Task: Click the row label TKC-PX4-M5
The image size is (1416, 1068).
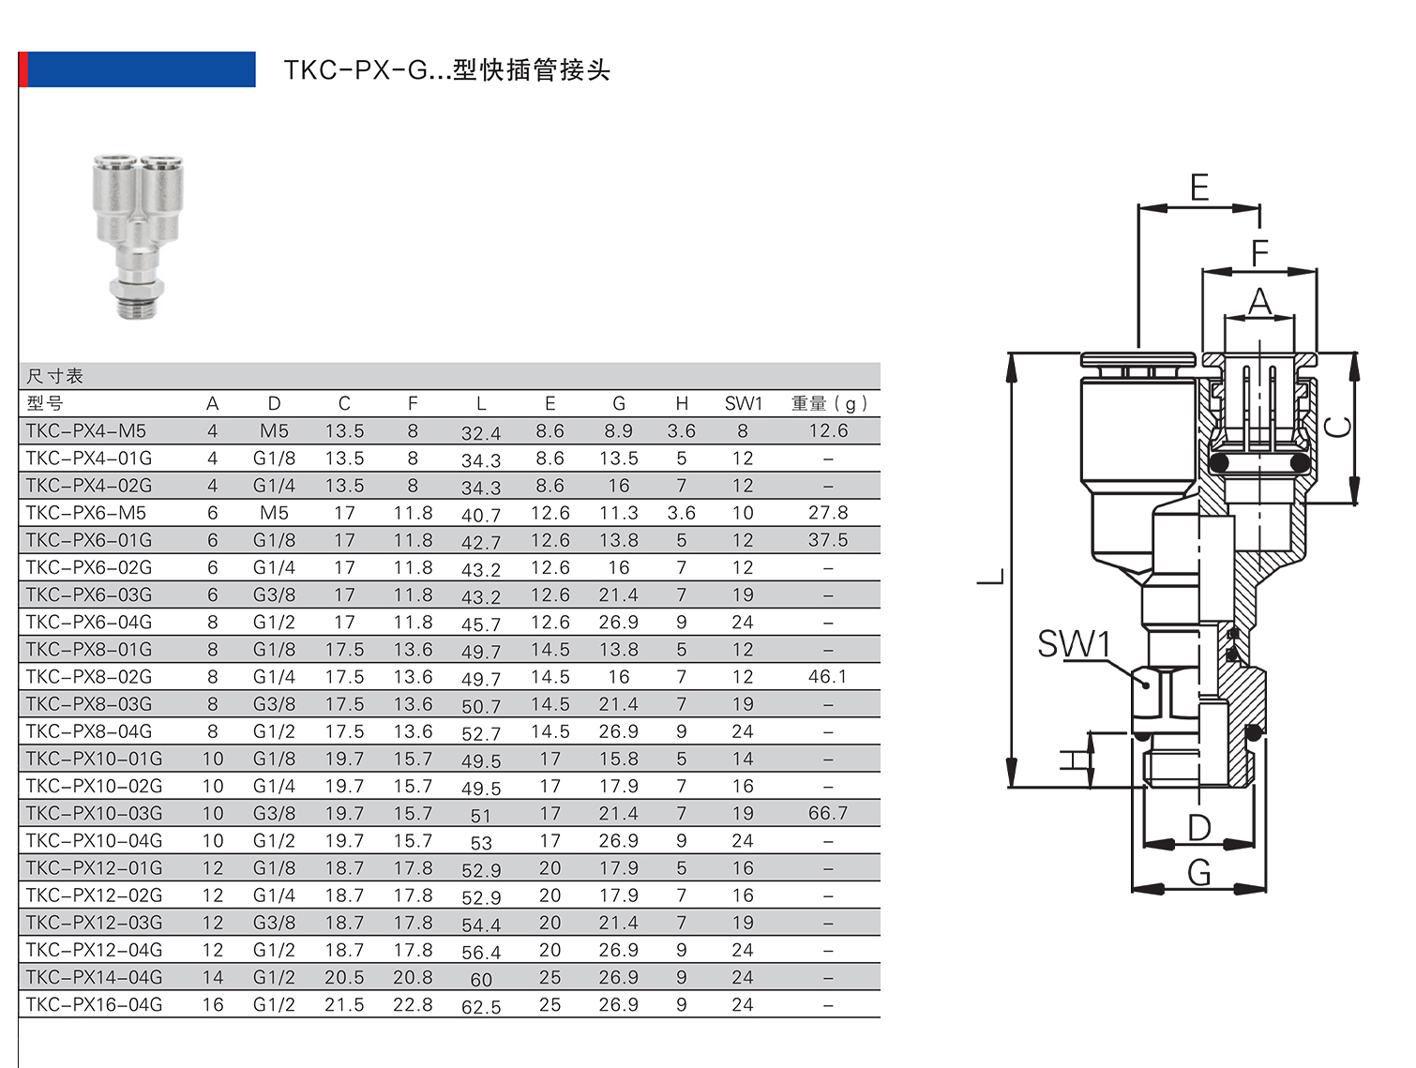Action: click(86, 431)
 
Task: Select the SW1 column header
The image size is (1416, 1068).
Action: click(743, 404)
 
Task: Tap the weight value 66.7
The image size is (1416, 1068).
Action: click(828, 814)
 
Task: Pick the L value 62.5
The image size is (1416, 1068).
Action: click(481, 1007)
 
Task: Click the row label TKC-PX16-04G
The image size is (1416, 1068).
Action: click(94, 1005)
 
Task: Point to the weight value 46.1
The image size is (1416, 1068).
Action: click(828, 677)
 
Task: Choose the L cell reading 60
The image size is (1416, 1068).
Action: click(481, 980)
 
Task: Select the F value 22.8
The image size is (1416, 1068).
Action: click(413, 1005)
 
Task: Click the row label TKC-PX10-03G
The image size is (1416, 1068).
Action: click(94, 814)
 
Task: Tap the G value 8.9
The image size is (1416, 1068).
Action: click(618, 431)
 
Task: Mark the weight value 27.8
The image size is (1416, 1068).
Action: click(828, 513)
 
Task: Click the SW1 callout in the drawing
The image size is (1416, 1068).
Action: click(1074, 644)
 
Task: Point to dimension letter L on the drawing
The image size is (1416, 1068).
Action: click(992, 576)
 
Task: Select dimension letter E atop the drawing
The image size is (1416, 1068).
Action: click(1199, 188)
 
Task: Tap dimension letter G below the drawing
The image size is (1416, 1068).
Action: click(1199, 873)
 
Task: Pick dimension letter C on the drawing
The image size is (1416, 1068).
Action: click(1338, 427)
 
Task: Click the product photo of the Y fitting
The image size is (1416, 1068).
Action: click(138, 234)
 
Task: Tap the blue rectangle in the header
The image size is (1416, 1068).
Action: click(141, 69)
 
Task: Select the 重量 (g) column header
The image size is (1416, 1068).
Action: click(828, 404)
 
